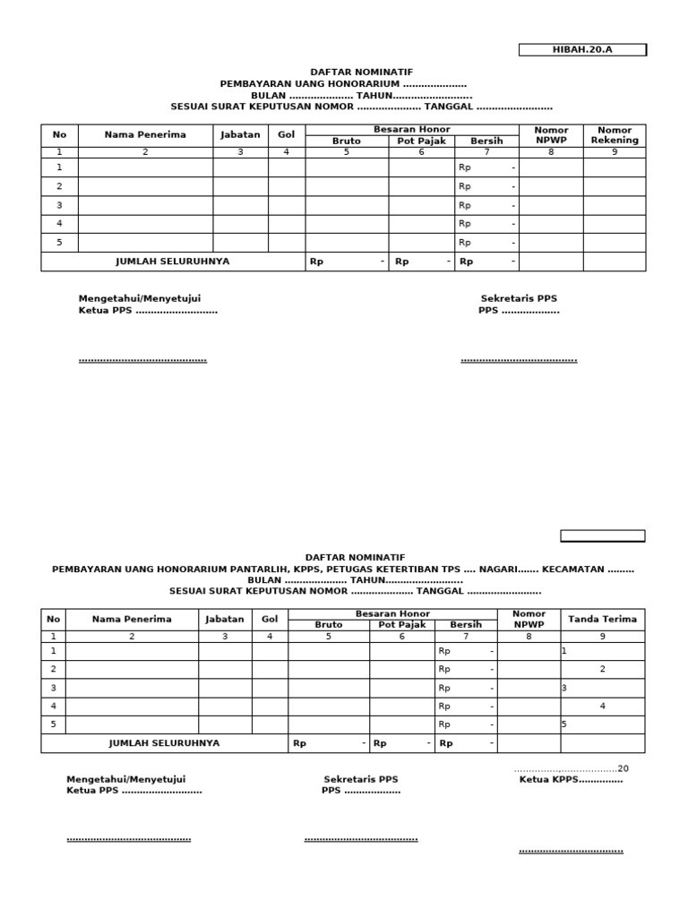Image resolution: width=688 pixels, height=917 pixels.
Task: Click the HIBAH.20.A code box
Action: tap(582, 50)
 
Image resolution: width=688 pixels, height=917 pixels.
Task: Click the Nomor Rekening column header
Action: tap(615, 135)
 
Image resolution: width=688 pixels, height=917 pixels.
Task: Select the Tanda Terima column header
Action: tap(602, 619)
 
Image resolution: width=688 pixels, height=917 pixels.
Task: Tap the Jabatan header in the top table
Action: tap(240, 135)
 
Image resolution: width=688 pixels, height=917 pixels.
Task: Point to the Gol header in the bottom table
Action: tap(270, 619)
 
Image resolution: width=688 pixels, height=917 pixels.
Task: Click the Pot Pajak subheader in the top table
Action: tap(421, 141)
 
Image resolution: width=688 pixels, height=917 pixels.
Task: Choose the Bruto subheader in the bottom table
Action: tap(328, 625)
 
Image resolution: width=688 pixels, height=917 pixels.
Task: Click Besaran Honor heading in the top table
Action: tap(411, 130)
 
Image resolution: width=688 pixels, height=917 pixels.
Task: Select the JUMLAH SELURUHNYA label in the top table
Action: tap(172, 261)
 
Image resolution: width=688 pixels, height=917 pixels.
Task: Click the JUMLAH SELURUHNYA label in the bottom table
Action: tap(164, 743)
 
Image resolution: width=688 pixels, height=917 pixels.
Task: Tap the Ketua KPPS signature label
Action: tap(571, 780)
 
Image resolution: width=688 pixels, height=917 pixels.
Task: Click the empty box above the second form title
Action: tap(602, 536)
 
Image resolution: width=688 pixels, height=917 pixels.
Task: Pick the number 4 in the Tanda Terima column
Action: tap(602, 707)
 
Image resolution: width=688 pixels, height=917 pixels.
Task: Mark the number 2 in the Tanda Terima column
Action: tap(602, 669)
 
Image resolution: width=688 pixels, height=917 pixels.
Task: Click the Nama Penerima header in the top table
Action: tap(145, 135)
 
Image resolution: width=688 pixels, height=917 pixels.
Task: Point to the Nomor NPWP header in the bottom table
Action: tap(529, 619)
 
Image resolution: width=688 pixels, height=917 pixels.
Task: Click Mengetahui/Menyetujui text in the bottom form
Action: tap(125, 780)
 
